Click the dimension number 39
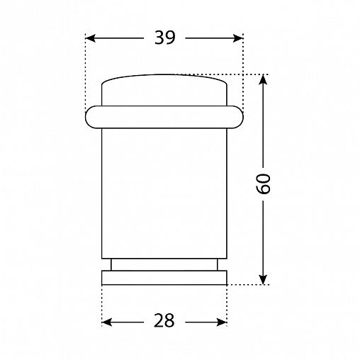coord(165,38)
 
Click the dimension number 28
coord(164,320)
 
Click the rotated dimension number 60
coord(263,184)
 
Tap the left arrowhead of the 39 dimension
coord(91,38)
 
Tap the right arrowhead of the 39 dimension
coord(238,38)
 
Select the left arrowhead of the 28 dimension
coord(107,322)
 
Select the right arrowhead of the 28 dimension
coord(222,322)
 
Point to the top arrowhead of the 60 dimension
coord(263,79)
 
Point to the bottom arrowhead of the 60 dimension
coord(263,279)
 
